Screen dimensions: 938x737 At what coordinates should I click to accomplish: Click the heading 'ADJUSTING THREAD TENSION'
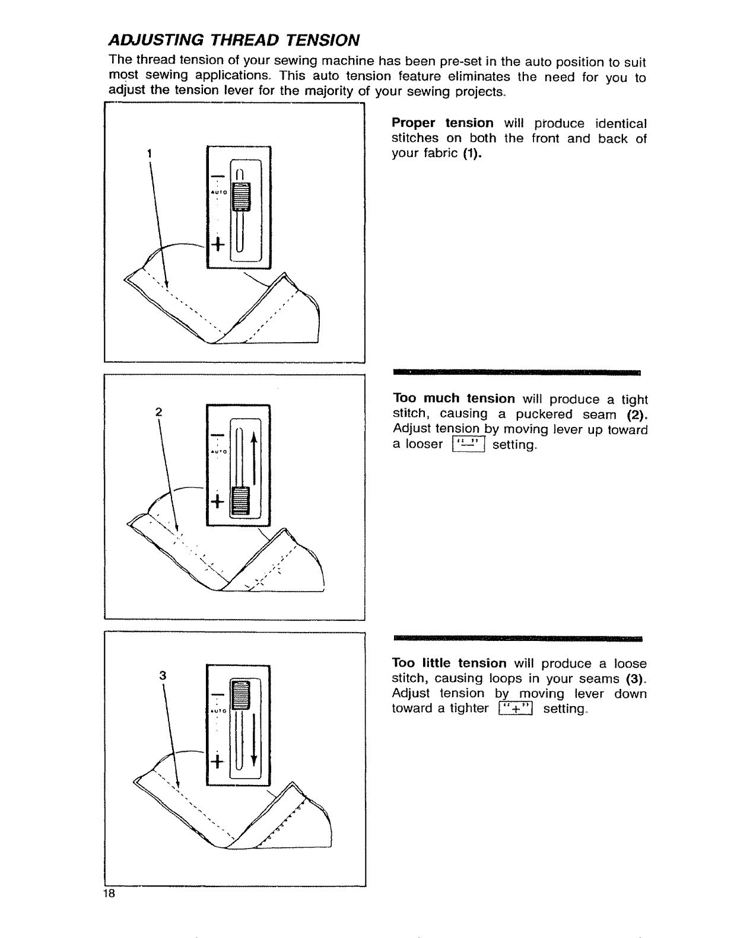234,40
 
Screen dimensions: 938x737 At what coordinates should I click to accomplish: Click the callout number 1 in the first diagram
150,154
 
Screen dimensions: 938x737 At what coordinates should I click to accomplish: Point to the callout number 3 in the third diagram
162,675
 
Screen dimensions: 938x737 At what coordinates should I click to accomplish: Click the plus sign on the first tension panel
218,244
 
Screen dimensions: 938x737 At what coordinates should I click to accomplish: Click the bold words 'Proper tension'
442,123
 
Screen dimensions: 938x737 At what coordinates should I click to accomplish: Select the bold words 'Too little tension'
449,662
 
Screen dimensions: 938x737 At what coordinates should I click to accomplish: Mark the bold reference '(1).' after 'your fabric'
472,154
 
